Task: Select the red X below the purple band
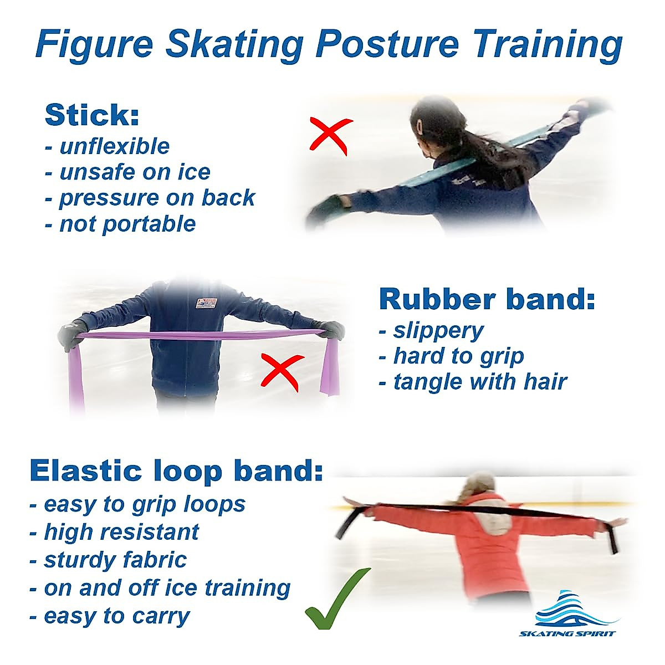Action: coord(282,370)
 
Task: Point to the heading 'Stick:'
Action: coord(91,115)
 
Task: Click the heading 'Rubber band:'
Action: coord(487,299)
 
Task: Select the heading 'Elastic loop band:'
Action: coord(176,470)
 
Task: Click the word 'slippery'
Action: coord(438,330)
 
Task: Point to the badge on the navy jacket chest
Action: coord(206,305)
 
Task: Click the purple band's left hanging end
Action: coord(76,377)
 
